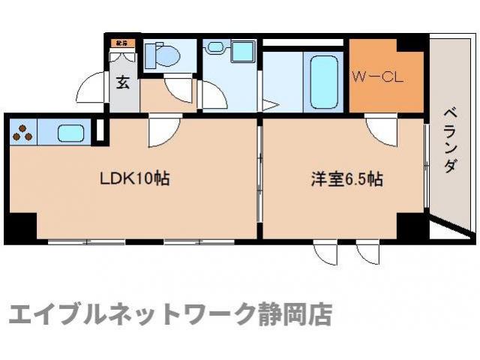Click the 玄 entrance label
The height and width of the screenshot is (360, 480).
pyautogui.click(x=122, y=82)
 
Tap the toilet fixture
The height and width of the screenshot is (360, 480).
pyautogui.click(x=161, y=55)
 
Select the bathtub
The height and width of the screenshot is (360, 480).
pyautogui.click(x=325, y=80)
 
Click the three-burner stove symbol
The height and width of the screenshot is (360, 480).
pyautogui.click(x=23, y=133)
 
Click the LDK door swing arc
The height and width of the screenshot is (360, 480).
pyautogui.click(x=160, y=133)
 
